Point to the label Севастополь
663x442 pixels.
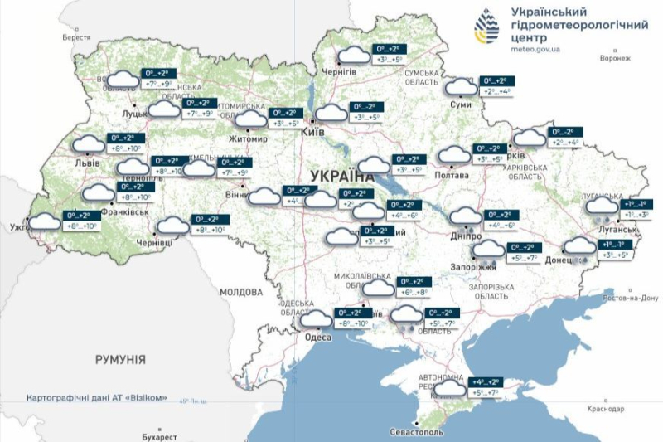click(417, 433)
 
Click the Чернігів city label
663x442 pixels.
click(340, 72)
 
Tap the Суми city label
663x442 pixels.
click(459, 105)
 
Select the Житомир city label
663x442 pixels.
click(249, 138)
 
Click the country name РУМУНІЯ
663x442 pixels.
click(120, 360)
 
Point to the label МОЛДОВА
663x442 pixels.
click(241, 293)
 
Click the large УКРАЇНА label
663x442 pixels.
click(342, 176)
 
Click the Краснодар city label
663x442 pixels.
click(603, 410)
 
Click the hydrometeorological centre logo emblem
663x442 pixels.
click(486, 28)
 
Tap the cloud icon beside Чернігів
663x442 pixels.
click(355, 55)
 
